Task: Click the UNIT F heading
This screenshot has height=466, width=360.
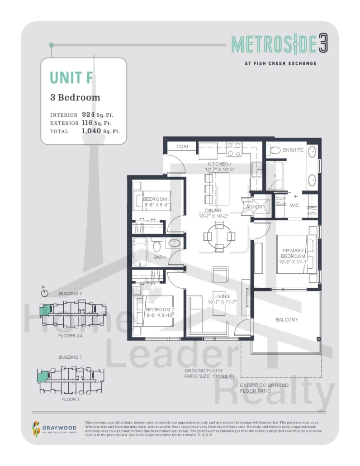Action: [71, 77]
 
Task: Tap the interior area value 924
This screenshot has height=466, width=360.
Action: [88, 114]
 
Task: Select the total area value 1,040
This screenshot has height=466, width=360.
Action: [91, 130]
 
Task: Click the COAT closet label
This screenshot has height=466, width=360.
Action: [182, 147]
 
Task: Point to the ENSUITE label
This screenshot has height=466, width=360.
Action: [293, 150]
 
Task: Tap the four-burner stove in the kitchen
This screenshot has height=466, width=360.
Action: [234, 149]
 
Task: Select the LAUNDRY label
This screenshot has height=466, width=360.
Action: [254, 207]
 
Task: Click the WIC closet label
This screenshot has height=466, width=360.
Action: [294, 205]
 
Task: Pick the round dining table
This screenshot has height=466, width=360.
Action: [219, 236]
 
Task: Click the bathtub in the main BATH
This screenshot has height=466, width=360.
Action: [140, 252]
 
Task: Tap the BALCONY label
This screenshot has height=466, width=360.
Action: [287, 320]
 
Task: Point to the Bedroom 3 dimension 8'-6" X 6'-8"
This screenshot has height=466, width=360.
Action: [156, 205]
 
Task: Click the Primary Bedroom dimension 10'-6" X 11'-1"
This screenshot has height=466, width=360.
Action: [293, 262]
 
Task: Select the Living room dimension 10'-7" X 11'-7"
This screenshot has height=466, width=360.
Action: [222, 302]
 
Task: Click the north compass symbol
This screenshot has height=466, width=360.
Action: [44, 292]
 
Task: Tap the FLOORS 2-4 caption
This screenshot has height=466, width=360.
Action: [71, 336]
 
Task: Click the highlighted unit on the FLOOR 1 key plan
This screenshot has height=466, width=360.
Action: [43, 376]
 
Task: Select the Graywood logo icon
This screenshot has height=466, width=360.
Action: [36, 428]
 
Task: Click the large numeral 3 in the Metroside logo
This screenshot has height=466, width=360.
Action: [323, 44]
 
